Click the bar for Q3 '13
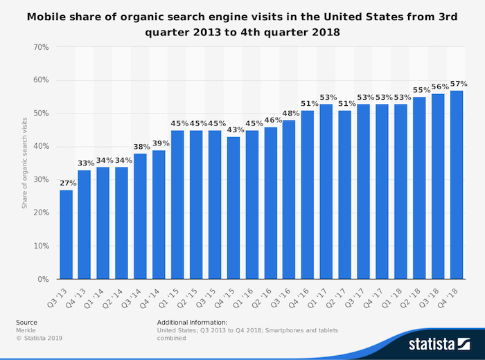tap(66, 234)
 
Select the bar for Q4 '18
tap(457, 185)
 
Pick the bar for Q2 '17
tap(345, 195)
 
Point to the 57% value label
tap(457, 84)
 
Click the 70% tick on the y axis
tap(40, 47)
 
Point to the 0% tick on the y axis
tap(43, 279)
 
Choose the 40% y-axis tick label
tap(40, 146)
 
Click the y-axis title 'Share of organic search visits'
tap(24, 163)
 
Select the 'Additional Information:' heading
tap(192, 322)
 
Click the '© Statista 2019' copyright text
tap(39, 339)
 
